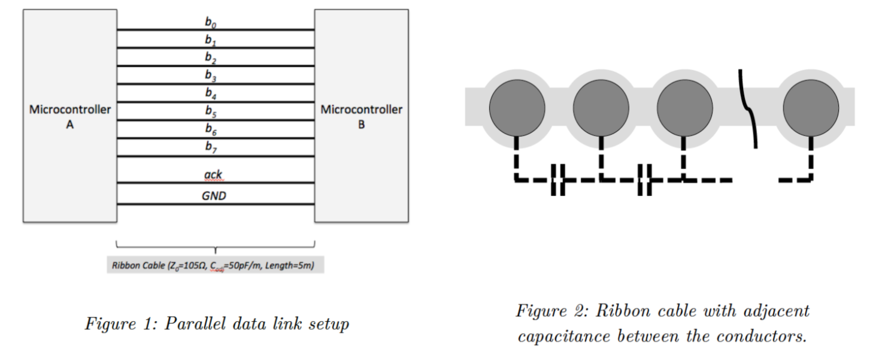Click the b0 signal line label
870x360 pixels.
point(209,23)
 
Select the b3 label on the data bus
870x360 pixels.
point(209,75)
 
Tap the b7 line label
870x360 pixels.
point(209,147)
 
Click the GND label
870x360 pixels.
point(214,195)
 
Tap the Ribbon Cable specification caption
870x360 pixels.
point(215,265)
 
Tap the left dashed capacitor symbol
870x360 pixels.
point(557,180)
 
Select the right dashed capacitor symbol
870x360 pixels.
point(644,180)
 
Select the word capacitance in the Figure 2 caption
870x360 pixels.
point(569,337)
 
